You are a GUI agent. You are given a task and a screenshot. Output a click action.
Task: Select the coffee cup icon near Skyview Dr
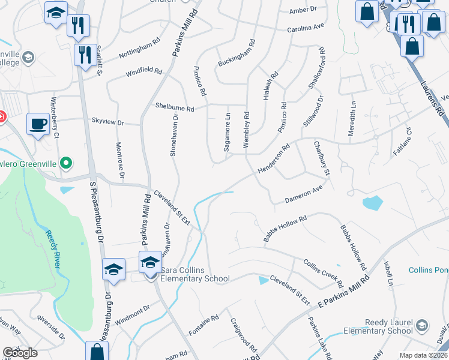point(39,124)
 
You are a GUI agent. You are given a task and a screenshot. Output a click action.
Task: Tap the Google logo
point(20,353)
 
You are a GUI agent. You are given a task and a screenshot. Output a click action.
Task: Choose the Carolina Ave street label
point(305,28)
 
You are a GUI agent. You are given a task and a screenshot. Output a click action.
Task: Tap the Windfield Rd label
point(143,73)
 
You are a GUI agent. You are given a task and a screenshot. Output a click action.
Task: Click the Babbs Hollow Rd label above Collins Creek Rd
point(286,229)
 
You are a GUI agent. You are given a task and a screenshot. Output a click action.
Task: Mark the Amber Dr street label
point(302,10)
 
